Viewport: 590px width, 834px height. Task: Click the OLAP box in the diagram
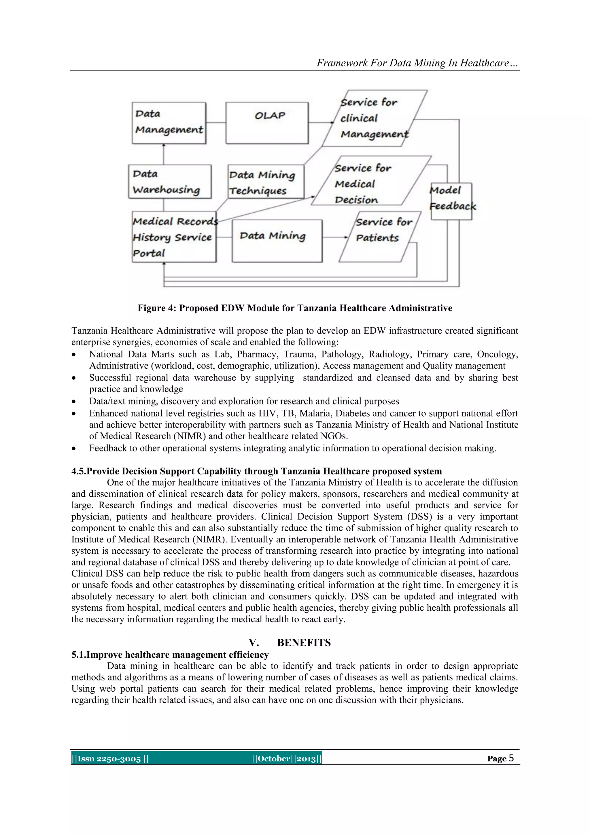tap(267, 123)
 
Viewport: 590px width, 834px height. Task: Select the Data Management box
tap(169, 123)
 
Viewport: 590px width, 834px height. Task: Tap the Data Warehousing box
tap(170, 181)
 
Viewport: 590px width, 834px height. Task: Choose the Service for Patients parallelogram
tap(380, 237)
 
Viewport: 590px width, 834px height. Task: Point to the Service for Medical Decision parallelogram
tap(370, 181)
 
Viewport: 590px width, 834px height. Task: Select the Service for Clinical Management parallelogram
tap(374, 118)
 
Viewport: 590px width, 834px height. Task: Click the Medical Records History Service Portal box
tap(174, 237)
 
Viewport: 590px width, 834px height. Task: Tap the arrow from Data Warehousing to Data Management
tap(163, 154)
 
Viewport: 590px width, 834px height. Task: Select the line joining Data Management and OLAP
tap(216, 122)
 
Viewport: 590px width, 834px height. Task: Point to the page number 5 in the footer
tap(511, 758)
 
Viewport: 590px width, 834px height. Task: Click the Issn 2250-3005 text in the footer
tap(109, 759)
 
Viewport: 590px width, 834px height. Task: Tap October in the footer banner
tap(274, 759)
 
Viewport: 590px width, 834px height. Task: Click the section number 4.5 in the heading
tap(78, 471)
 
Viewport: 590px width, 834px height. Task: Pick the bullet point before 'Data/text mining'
tap(74, 402)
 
